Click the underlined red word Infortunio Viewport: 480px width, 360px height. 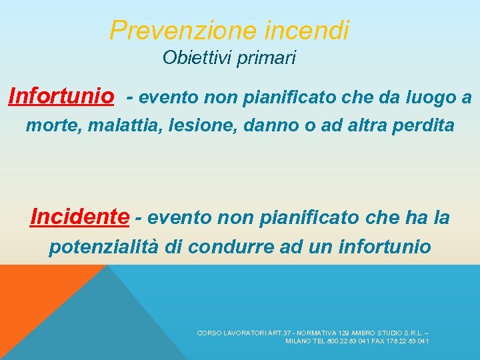pyautogui.click(x=61, y=97)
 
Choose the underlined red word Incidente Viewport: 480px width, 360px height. pyautogui.click(x=80, y=217)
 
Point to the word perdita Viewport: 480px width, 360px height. pyautogui.click(x=421, y=125)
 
